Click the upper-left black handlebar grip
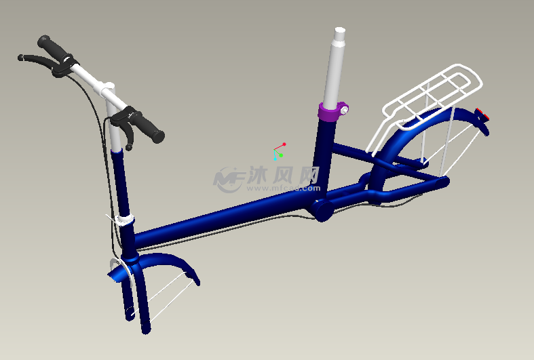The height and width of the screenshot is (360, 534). click(x=52, y=47)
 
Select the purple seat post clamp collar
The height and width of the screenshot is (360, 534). click(x=330, y=112)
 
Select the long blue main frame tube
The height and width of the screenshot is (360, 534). click(x=224, y=214)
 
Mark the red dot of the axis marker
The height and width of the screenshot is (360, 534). click(x=284, y=144)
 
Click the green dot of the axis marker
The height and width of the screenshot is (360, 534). click(x=280, y=155)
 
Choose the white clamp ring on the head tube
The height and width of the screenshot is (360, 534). click(x=124, y=220)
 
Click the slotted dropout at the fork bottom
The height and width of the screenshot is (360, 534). click(x=130, y=311)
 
